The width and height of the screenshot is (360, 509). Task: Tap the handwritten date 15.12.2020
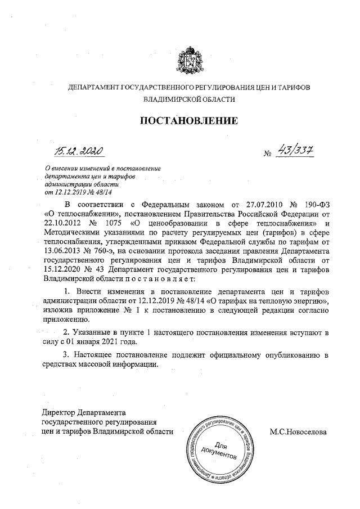click(79, 151)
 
